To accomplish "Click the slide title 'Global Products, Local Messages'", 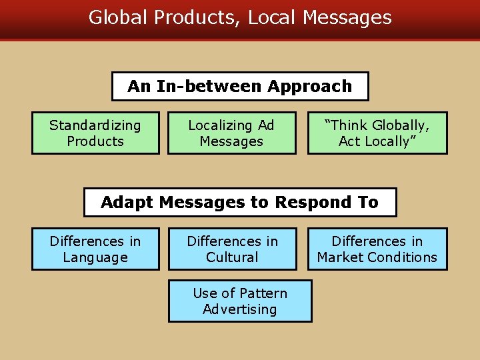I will [240, 17].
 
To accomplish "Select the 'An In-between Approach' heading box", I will [240, 86].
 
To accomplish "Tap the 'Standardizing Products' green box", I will [95, 133].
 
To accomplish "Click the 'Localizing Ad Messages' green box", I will [231, 133].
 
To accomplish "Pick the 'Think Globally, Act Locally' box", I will [377, 133].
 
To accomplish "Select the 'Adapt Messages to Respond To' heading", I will [240, 202].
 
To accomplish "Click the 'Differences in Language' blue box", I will [95, 249].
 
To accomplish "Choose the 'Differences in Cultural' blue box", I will [232, 249].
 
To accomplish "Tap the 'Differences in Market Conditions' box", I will [377, 249].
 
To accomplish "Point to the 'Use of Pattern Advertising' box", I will [240, 301].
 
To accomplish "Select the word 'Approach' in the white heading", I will [309, 87].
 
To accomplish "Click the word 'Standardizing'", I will [95, 125].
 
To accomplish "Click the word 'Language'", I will [95, 257].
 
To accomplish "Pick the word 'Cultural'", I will [232, 257].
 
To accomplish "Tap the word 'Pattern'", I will [264, 293].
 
